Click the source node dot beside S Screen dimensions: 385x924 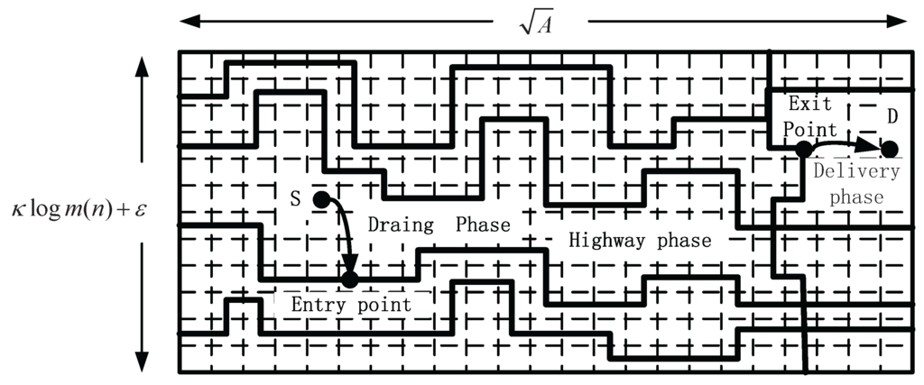320,197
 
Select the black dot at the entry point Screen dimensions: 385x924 350,279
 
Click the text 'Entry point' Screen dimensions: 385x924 350,305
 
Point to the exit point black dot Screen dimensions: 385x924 803,149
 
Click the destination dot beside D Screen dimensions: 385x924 889,149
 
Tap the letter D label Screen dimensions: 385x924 892,116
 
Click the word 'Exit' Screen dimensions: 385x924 810,105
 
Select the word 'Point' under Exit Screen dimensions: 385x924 809,130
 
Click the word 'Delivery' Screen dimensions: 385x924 856,172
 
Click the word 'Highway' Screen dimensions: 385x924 605,241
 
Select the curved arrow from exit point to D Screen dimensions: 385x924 844,142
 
